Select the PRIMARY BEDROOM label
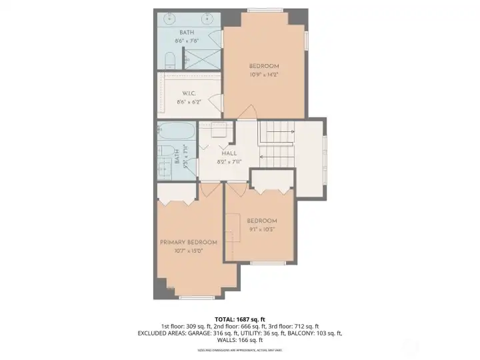pos(189,242)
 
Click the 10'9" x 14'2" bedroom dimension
pos(264,75)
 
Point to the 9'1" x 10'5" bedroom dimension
pos(261,229)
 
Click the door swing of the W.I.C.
pos(215,101)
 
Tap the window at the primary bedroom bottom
pos(193,297)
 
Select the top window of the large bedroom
pos(264,10)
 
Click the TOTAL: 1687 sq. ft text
pos(239,319)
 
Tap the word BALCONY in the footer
pos(304,333)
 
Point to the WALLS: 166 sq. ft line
pos(239,340)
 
